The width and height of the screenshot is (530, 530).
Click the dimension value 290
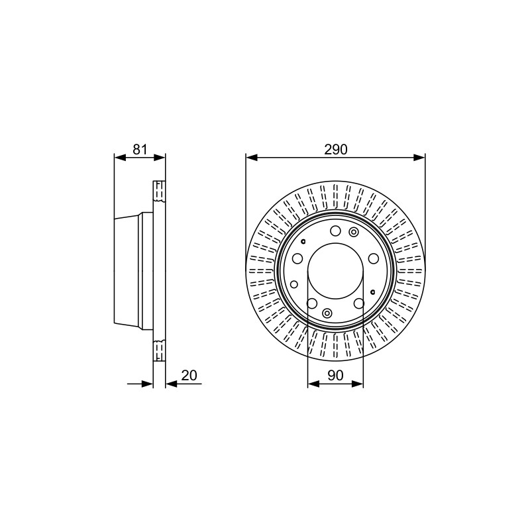tap(336, 150)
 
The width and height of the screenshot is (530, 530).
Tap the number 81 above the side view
tap(140, 150)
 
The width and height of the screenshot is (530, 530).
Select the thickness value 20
tap(189, 375)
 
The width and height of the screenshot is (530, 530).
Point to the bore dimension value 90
tap(335, 375)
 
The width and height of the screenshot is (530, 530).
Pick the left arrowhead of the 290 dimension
tap(252, 158)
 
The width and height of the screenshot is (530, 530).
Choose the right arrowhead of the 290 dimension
tap(419, 158)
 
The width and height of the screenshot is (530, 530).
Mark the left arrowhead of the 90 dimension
tap(313, 384)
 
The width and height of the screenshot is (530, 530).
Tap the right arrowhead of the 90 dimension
tap(358, 384)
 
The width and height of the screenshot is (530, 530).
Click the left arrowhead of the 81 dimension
tap(120, 158)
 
